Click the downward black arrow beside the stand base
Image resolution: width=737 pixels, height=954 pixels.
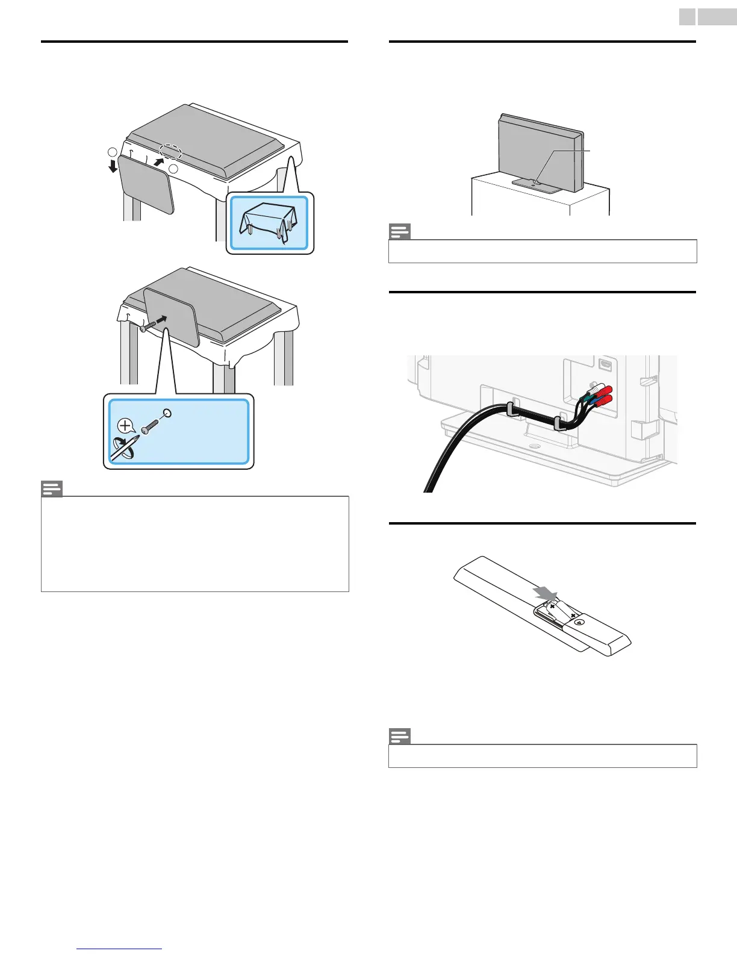tap(113, 164)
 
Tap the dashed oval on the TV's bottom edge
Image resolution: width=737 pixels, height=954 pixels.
tap(170, 151)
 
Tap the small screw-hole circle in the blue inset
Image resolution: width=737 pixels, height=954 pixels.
tap(167, 414)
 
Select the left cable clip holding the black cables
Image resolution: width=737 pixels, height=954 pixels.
tap(510, 410)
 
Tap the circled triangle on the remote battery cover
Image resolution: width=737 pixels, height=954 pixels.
tap(578, 622)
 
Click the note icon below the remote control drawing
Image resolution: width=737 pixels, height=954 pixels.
tap(400, 736)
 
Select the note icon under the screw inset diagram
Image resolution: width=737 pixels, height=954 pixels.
tap(52, 488)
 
